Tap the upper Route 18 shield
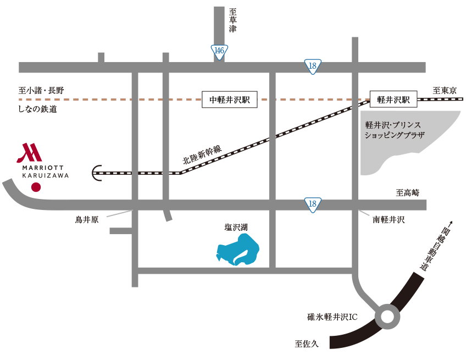pos(313,67)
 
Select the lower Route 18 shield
pos(313,205)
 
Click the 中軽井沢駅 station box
pos(230,99)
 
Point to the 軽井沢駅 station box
pos(393,99)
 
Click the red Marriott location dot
pos(36,187)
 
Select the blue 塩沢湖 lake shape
pos(238,250)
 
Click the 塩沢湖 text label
pos(236,228)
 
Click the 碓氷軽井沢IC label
pos(332,317)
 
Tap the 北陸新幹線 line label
pos(202,155)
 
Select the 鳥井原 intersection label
pos(86,220)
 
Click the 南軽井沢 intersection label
pos(389,220)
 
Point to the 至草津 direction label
pos(232,20)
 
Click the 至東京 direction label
pos(445,90)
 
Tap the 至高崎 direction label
pos(408,192)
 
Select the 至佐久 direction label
pos(307,344)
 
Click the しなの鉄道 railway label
pos(37,109)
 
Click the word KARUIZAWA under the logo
pos(46,175)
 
